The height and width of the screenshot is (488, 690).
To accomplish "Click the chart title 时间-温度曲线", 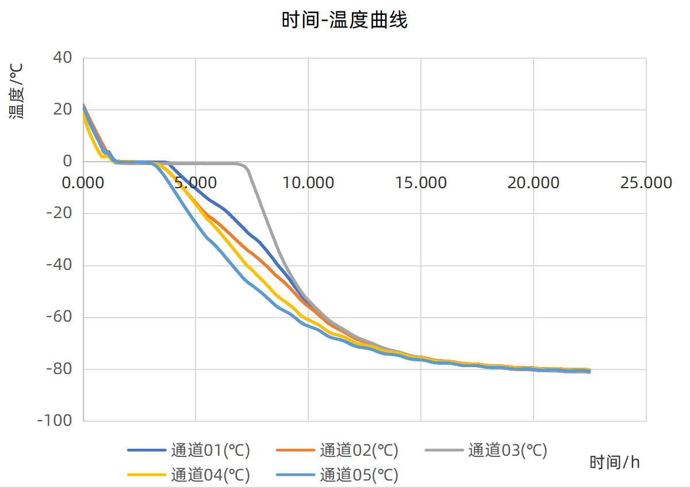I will click(344, 21).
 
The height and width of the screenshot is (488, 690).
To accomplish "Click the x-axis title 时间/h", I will click(615, 462).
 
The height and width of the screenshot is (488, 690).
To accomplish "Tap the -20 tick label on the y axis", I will click(59, 213).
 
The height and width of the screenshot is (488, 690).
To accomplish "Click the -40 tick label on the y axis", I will click(59, 265).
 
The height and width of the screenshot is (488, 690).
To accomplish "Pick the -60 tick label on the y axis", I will click(59, 317).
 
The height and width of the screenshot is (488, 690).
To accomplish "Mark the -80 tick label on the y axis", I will click(59, 369).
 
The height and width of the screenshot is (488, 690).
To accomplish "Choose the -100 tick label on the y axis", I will click(55, 421).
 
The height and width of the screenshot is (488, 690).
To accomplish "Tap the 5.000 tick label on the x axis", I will click(195, 183).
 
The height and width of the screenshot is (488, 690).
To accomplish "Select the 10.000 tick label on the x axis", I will click(308, 183).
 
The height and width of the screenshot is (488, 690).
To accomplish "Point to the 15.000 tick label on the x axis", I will click(421, 183).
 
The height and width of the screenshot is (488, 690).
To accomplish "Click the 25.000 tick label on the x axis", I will click(646, 183).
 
